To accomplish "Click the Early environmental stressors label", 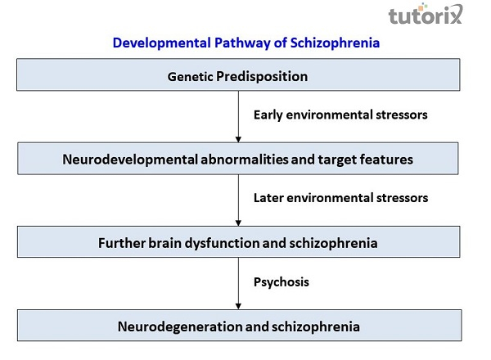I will pos(340,115).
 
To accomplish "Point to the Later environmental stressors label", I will pos(340,198).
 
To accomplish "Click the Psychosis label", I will pos(280,282).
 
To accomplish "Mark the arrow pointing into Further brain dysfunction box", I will pos(238,200).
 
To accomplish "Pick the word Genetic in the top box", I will pos(190,77).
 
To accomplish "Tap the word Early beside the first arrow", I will pos(268,115).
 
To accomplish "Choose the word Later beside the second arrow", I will pos(268,198).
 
